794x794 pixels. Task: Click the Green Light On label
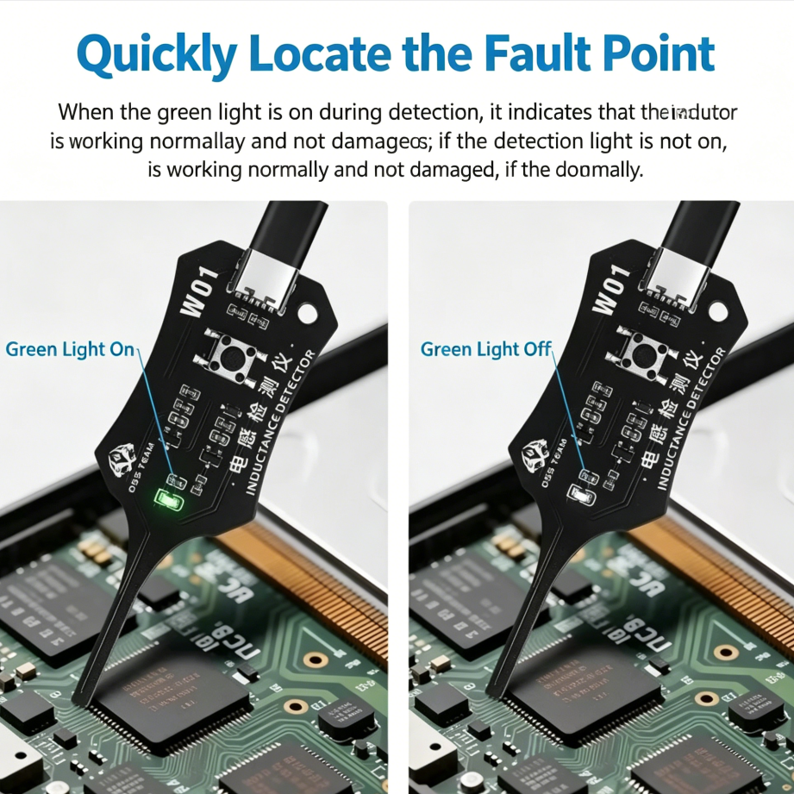70,349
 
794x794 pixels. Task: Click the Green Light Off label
485,349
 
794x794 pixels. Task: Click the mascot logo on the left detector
120,459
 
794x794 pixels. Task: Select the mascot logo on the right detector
535,453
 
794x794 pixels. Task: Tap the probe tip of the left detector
80,700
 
